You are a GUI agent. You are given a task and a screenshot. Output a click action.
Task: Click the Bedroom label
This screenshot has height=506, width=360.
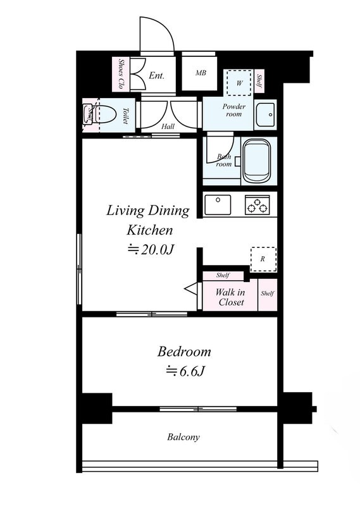pos(184,352)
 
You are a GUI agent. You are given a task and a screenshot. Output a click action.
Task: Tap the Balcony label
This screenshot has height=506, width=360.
pos(183,437)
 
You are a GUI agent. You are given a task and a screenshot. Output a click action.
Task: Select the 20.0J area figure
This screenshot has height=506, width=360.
pos(151,249)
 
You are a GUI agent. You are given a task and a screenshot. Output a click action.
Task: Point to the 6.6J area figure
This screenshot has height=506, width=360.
pos(185,371)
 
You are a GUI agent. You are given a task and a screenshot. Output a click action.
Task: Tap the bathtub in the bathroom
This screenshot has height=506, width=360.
pos(256,161)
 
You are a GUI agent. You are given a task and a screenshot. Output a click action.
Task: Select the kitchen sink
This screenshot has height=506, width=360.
pos(218,204)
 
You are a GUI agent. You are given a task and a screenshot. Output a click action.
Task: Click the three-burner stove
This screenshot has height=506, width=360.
pos(258,204)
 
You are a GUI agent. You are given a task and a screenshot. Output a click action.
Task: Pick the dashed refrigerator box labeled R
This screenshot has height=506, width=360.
pos(263,259)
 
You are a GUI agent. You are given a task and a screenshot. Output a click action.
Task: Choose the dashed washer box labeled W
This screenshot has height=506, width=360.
pos(239,83)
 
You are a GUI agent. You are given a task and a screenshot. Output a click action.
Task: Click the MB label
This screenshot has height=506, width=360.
pos(201,73)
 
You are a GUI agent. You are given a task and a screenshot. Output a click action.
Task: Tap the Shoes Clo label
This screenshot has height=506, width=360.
pos(121,74)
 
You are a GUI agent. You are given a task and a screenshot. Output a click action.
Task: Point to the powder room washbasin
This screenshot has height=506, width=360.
pos(265,114)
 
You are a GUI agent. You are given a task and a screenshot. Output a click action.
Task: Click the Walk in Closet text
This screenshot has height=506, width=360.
pos(230,297)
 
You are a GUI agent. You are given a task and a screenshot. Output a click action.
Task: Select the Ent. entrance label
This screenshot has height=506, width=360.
pos(157,75)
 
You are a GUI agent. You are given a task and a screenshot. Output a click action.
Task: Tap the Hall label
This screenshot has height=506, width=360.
pos(168,126)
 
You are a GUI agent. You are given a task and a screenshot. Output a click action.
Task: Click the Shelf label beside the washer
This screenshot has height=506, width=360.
pos(259,81)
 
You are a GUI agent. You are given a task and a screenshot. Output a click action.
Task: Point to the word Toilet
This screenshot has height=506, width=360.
pos(125,116)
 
